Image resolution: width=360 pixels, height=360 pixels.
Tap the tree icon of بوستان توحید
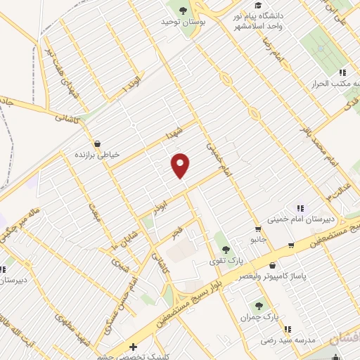tap(184, 10)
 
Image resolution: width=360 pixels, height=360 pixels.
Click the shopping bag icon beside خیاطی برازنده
tap(96, 143)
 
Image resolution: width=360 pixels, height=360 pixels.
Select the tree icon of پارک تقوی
tap(226, 249)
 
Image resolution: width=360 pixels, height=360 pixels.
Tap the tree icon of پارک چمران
tap(259, 306)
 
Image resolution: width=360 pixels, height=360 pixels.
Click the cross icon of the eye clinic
tap(134, 347)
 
